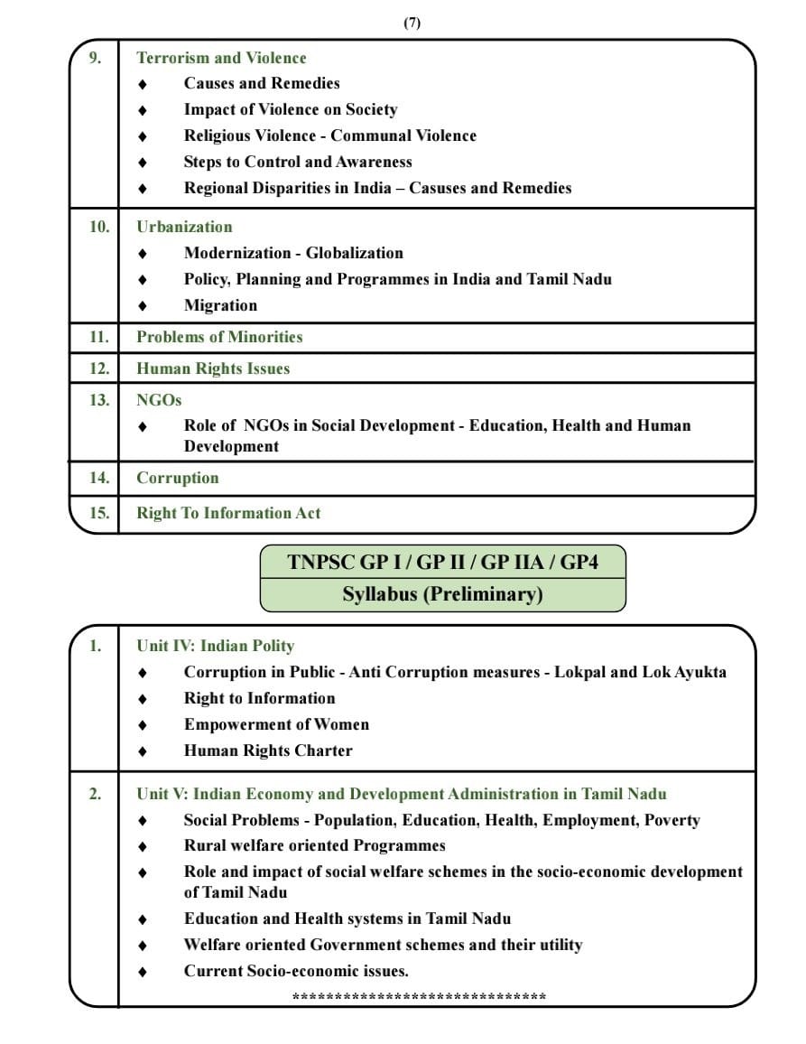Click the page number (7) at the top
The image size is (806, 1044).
click(x=412, y=23)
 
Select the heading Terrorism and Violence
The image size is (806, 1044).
click(x=221, y=58)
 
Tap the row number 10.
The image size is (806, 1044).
click(x=98, y=227)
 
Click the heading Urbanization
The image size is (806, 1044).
click(x=184, y=227)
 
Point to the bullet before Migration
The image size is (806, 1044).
click(x=142, y=306)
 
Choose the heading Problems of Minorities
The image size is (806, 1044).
click(x=219, y=337)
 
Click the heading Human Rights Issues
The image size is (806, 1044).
click(x=213, y=368)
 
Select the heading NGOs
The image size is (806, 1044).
click(x=159, y=400)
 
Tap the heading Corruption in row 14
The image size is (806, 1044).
click(x=178, y=478)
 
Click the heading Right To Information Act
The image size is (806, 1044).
click(x=228, y=513)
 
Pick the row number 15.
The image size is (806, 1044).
click(x=98, y=513)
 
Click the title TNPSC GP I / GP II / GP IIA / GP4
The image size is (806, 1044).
click(x=442, y=563)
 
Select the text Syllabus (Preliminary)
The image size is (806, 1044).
click(x=442, y=594)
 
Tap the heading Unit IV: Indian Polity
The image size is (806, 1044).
click(x=215, y=646)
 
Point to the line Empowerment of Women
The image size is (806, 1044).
click(x=276, y=724)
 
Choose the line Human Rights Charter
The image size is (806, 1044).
click(x=268, y=750)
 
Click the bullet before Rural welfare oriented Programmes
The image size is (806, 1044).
click(x=142, y=846)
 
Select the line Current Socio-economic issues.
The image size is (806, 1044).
click(x=296, y=971)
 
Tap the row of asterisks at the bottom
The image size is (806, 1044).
click(x=419, y=997)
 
